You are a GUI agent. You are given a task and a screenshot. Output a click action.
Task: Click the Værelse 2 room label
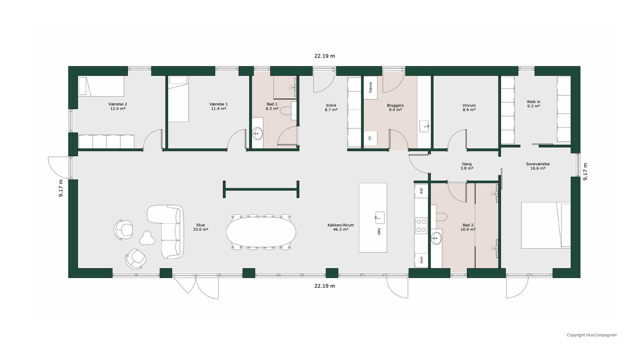point(118,106)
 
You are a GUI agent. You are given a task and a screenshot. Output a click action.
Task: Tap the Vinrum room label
point(469,107)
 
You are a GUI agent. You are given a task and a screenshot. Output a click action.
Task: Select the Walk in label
point(533,104)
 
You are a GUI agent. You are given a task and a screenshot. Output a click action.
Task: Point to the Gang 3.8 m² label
point(467,166)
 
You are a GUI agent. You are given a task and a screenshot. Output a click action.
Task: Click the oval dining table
point(261,232)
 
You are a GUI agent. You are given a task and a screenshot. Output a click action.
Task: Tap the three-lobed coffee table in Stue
point(147,238)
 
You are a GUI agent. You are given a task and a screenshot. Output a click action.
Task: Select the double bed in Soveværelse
point(546,225)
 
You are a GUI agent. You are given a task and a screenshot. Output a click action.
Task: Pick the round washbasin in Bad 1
point(257,134)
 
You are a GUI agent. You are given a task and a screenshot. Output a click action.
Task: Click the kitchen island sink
point(380,218)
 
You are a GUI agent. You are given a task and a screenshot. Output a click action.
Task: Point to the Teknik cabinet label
point(370,87)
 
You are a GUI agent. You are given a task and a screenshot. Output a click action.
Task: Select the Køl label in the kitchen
point(421,191)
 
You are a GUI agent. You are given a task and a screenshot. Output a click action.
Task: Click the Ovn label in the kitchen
point(421,260)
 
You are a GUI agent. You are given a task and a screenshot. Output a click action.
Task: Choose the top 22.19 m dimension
point(324,56)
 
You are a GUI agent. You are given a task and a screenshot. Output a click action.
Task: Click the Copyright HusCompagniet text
point(592,335)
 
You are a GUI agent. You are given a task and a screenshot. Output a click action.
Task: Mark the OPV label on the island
point(379,231)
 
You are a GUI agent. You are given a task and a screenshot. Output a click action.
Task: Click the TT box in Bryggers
point(370,138)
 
